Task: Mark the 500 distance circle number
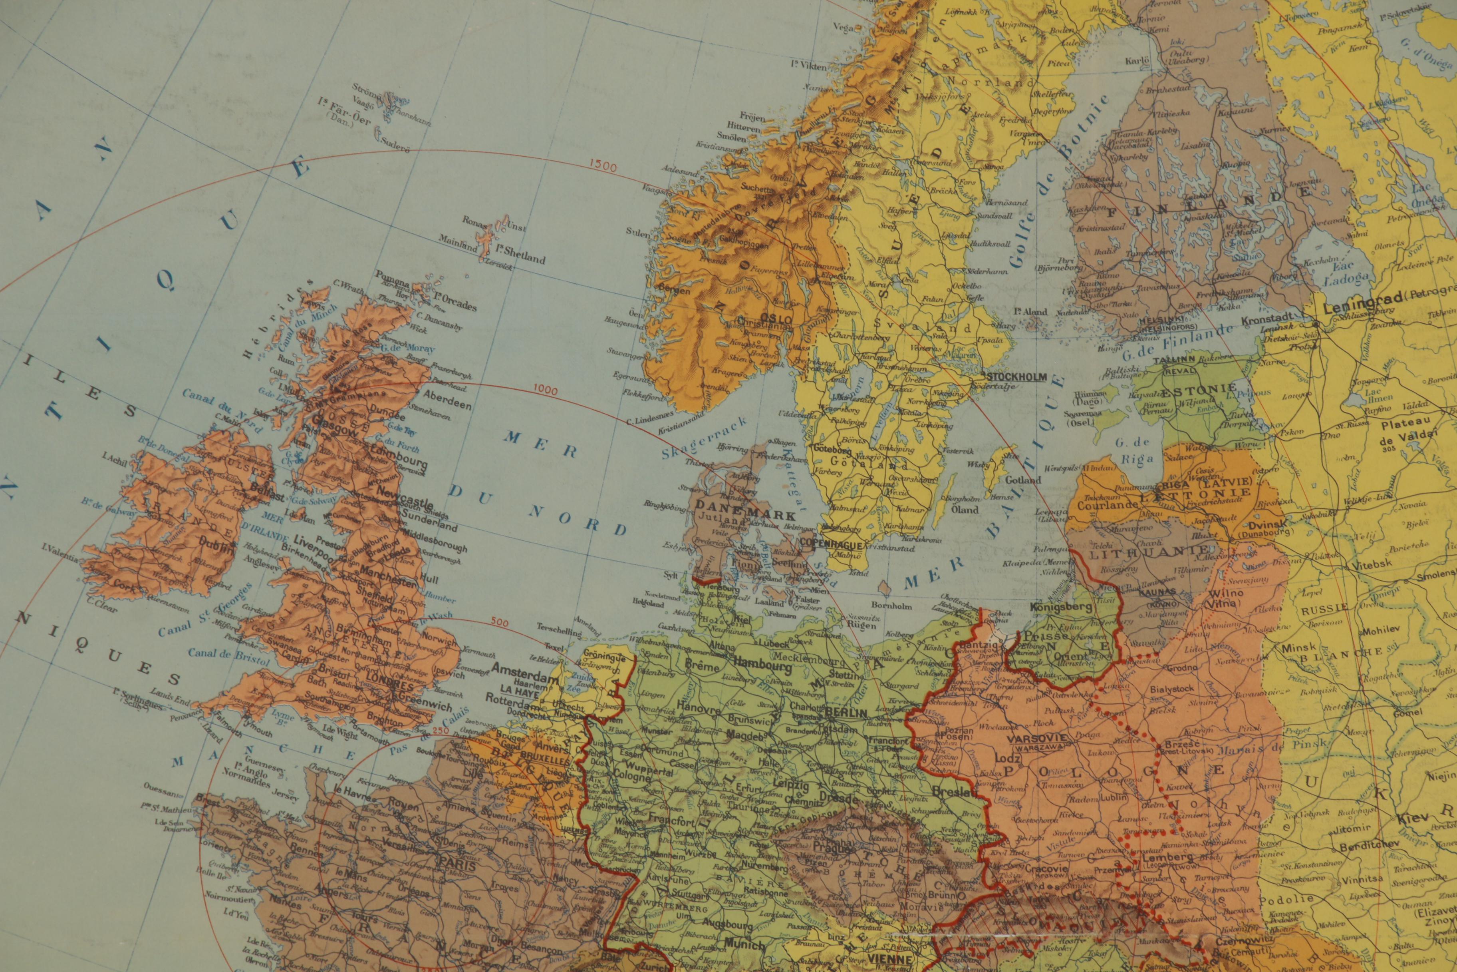pos(499,623)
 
